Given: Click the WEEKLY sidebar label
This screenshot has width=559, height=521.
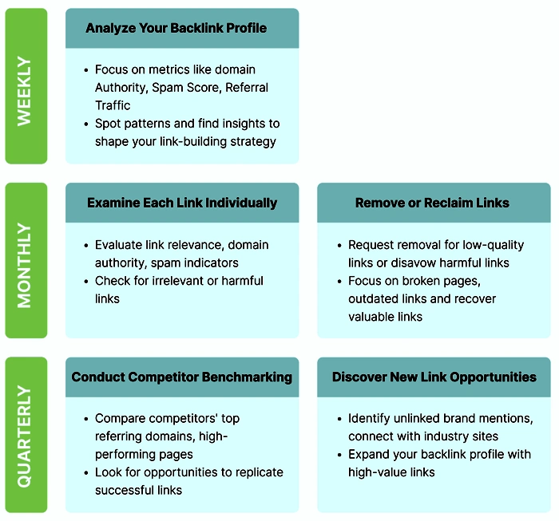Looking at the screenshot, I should (26, 86).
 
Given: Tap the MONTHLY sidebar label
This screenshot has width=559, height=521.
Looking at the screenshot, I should (26, 261).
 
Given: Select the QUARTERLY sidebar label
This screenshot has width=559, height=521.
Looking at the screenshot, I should (26, 436).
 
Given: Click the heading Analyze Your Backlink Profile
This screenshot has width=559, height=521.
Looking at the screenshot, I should (176, 28).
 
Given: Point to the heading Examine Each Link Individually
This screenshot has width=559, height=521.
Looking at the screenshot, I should (182, 203).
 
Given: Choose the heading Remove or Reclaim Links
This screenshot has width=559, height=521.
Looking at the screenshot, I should (432, 203).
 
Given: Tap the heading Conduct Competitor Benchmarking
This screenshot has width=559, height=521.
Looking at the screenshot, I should (182, 377).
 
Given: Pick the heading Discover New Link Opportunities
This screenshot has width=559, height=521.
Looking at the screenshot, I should (434, 377).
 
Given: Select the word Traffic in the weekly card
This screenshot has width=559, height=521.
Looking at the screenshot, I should (113, 105).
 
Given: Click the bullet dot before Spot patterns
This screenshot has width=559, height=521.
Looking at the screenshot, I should (86, 124).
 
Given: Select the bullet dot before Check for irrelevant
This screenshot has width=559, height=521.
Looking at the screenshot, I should (86, 281).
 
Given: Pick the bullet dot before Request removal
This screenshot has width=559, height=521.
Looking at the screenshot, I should (339, 245).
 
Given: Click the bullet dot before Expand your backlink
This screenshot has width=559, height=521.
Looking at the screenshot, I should (339, 455).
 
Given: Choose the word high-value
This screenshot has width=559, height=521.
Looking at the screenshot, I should (375, 472).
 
